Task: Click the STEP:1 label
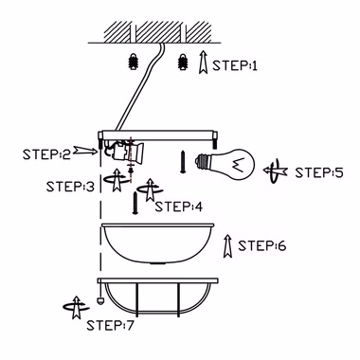[x=235, y=65]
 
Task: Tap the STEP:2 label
[x=46, y=154]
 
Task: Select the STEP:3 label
[x=70, y=187]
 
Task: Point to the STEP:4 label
[x=179, y=207]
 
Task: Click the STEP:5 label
[x=319, y=172]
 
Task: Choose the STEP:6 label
[x=262, y=245]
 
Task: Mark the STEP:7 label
[x=110, y=325]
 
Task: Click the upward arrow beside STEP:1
[x=203, y=63]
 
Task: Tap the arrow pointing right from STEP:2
[x=85, y=151]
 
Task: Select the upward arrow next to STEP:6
[x=227, y=246]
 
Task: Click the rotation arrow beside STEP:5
[x=275, y=171]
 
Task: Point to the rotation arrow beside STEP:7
[x=76, y=307]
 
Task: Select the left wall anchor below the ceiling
[x=134, y=61]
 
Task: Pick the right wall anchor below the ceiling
[x=183, y=61]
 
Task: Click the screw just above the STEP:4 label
[x=135, y=203]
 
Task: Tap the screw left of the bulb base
[x=183, y=162]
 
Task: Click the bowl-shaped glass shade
[x=157, y=243]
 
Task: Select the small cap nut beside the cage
[x=100, y=301]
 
